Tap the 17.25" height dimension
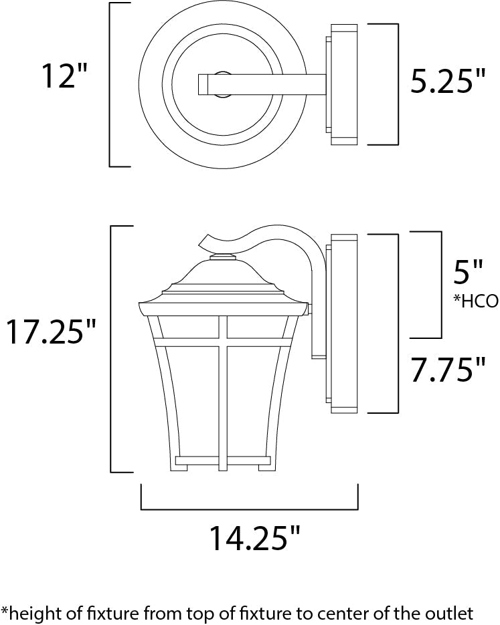click(52, 332)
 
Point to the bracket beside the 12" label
click(111, 85)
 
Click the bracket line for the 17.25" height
click(111, 349)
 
